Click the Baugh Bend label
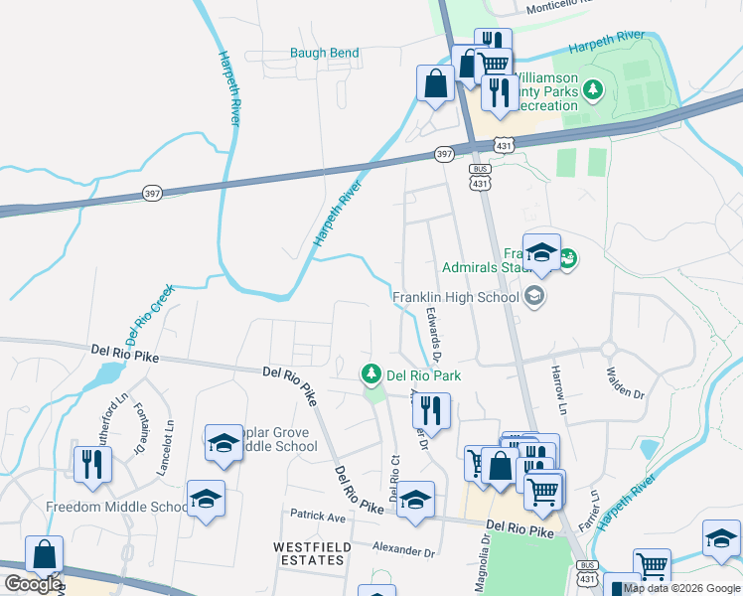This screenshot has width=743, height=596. (325, 53)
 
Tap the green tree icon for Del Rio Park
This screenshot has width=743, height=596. (371, 374)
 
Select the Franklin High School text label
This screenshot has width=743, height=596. (456, 297)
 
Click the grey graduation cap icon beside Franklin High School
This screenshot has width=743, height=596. (534, 296)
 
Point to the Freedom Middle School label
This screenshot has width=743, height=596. (116, 507)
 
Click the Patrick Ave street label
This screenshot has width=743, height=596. (317, 516)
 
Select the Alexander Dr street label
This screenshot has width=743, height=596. (403, 549)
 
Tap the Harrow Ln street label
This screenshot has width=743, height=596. (558, 388)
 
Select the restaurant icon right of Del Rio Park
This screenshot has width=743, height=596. (431, 409)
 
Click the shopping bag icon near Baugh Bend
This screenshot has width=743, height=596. (435, 82)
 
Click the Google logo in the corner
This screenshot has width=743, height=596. (32, 584)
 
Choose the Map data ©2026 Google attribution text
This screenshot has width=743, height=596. (681, 588)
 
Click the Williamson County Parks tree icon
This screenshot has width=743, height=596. (593, 91)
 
